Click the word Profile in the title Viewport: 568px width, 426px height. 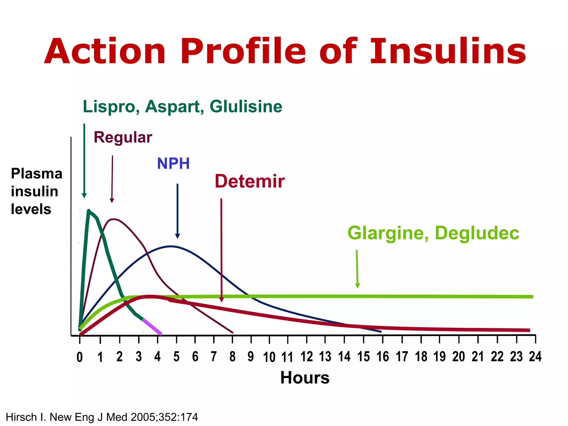[x=243, y=52]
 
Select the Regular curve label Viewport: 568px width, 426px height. [x=123, y=137]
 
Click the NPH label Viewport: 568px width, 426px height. [x=173, y=163]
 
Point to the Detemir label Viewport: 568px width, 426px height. [x=250, y=181]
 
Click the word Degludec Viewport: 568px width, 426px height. [x=477, y=233]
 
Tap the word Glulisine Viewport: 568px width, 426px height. [x=246, y=106]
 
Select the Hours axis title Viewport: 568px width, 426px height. [x=305, y=378]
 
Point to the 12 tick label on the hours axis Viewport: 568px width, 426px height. [x=306, y=357]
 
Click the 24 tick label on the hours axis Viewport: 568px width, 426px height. [x=535, y=357]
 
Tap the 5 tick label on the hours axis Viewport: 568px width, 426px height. [x=176, y=357]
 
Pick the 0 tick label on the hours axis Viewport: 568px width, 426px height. [x=80, y=357]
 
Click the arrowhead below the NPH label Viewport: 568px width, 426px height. [x=177, y=236]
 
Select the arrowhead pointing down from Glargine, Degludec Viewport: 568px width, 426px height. [x=357, y=286]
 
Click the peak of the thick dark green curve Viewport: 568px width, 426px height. [x=89, y=211]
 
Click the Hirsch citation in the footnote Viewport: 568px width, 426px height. [x=102, y=417]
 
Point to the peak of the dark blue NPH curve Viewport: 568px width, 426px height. [x=171, y=246]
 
